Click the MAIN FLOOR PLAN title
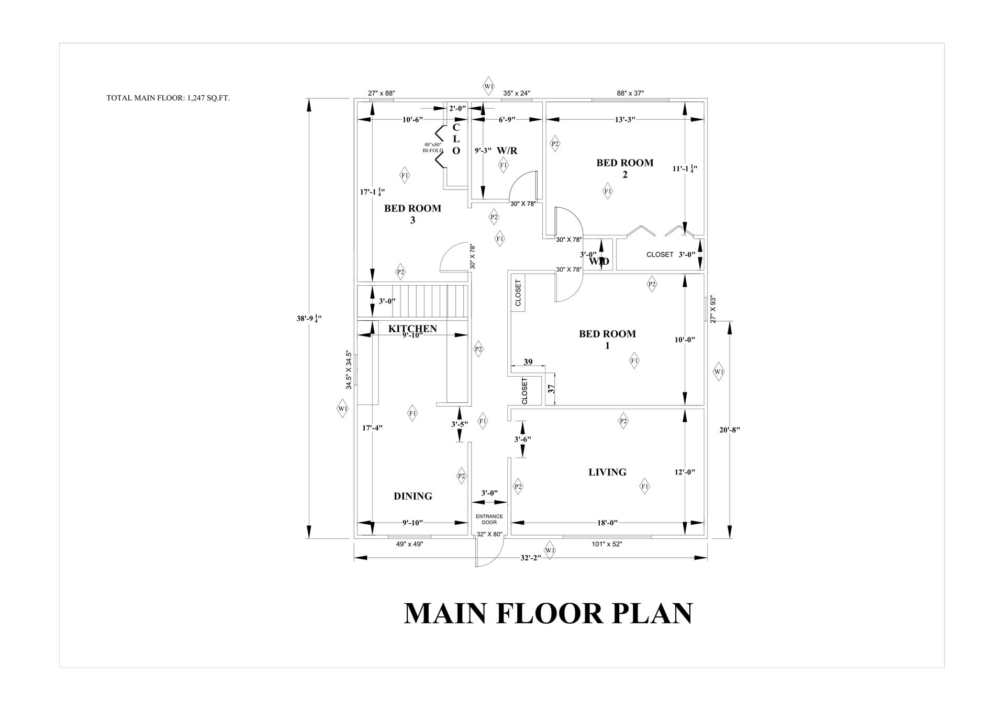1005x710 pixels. pyautogui.click(x=548, y=613)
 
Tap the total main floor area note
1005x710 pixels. pyautogui.click(x=168, y=98)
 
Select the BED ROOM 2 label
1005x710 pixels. pyautogui.click(x=624, y=168)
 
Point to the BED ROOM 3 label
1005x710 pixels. pyautogui.click(x=412, y=214)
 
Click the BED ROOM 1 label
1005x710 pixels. pyautogui.click(x=607, y=340)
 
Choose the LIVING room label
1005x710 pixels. pyautogui.click(x=607, y=472)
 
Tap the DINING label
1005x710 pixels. pyautogui.click(x=413, y=496)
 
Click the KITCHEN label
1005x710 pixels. pyautogui.click(x=412, y=329)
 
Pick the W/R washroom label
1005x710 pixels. pyautogui.click(x=507, y=151)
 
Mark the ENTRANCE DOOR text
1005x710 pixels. pyautogui.click(x=489, y=519)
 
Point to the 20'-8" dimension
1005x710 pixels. pyautogui.click(x=729, y=430)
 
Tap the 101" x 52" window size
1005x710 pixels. pyautogui.click(x=607, y=544)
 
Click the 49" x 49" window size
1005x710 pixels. pyautogui.click(x=409, y=544)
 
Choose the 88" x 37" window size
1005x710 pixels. pyautogui.click(x=630, y=93)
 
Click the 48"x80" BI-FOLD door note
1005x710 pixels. pyautogui.click(x=433, y=148)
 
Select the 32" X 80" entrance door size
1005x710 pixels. pyautogui.click(x=489, y=534)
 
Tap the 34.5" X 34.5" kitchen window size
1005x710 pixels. pyautogui.click(x=349, y=369)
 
